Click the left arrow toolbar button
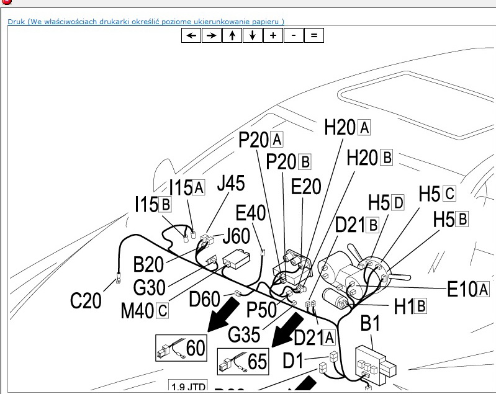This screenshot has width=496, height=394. pos(191,35)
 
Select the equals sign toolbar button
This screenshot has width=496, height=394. pos(313,35)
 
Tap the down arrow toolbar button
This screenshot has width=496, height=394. pos(252,35)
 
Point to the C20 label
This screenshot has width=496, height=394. pos(86,302)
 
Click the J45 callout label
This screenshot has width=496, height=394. pos(230,184)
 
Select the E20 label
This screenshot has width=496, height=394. pos(306,187)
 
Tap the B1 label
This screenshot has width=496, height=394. pos(370,324)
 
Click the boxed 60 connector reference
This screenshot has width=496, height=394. pos(181,348)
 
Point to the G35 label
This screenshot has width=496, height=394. pos(244,334)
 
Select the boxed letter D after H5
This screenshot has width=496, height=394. pos(397,202)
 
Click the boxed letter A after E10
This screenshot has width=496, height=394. pos(484,289)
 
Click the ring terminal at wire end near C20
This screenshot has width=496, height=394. pos(115,283)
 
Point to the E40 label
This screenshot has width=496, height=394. pos(251,213)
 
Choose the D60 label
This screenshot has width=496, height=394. pos(205,299)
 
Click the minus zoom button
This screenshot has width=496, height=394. pos(293,35)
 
